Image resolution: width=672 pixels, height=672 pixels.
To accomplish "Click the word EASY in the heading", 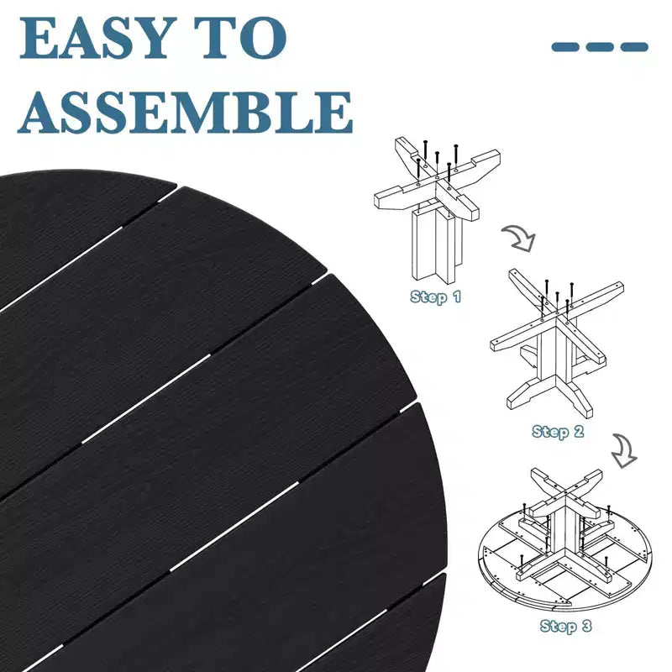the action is (93, 38).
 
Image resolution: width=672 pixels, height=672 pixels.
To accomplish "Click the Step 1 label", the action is (435, 297).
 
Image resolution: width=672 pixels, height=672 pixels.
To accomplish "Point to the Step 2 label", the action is (558, 431).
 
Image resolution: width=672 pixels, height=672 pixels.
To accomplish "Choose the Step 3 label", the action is (565, 626).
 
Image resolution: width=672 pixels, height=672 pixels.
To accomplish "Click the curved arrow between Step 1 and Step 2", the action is (519, 239).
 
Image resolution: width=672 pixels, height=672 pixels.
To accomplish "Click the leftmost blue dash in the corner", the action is (564, 47).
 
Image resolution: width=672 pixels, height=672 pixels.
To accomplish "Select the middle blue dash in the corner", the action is (600, 47).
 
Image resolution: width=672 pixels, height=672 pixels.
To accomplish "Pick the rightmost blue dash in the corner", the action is (634, 47).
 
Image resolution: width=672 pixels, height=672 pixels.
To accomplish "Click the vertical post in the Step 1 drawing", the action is (436, 244).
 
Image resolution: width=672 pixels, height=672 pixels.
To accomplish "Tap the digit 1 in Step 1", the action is (457, 297).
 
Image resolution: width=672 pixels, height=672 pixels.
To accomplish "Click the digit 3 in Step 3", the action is (586, 626).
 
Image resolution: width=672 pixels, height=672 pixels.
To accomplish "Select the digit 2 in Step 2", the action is (579, 431).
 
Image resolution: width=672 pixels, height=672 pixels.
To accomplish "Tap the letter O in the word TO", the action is (264, 38).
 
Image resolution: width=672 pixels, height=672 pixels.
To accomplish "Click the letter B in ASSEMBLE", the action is (262, 112).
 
